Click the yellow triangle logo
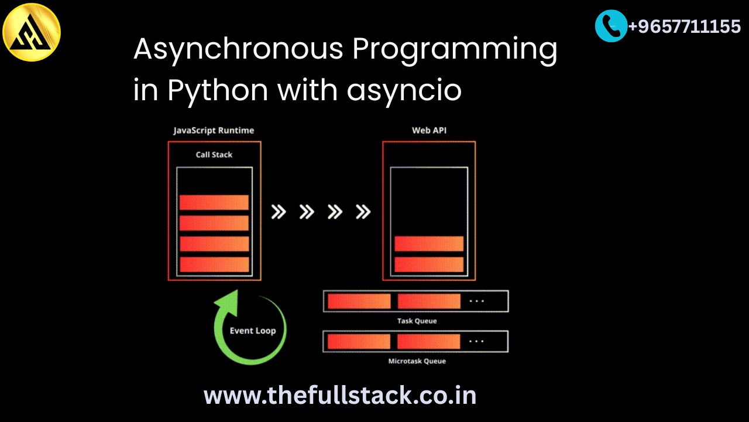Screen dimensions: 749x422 pos(32,32)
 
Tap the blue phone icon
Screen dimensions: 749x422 pos(611,26)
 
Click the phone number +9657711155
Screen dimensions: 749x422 pos(685,26)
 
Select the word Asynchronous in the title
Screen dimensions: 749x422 pos(238,49)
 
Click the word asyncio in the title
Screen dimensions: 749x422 pos(404,90)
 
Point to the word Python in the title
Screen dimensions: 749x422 pos(218,90)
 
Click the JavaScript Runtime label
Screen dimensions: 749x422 pos(214,130)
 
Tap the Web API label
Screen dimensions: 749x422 pos(429,130)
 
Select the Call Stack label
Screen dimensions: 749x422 pos(214,154)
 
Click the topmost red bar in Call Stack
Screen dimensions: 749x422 pos(214,202)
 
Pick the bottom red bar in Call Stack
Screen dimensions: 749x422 pos(214,264)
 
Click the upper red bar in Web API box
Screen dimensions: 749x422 pos(429,244)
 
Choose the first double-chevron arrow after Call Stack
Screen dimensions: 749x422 pos(278,212)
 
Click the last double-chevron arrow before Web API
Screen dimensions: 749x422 pos(363,212)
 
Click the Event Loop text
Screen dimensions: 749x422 pos(253,331)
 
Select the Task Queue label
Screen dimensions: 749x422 pos(417,321)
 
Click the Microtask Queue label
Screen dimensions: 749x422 pos(417,361)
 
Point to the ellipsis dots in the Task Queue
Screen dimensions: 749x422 pos(476,301)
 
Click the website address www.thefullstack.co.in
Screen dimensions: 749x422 pos(340,396)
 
